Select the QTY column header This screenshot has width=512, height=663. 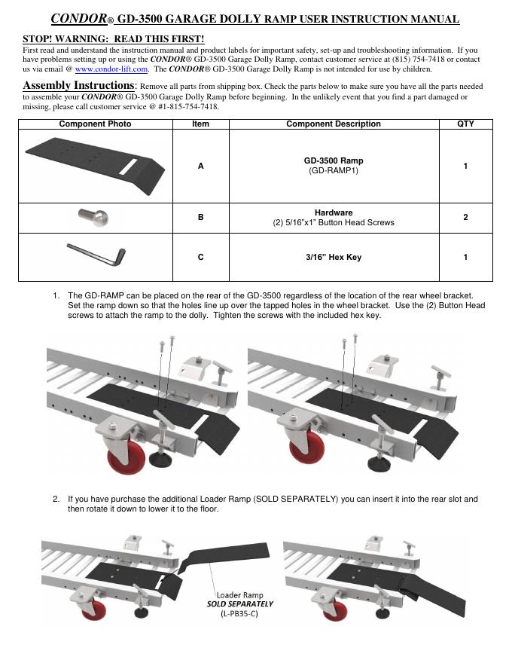[x=465, y=124]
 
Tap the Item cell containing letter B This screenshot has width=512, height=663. [x=200, y=217]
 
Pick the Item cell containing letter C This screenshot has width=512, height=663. [x=200, y=258]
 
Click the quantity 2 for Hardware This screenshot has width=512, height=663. [x=465, y=217]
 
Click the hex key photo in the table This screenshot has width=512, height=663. [x=95, y=255]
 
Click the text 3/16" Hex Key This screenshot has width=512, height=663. [x=333, y=258]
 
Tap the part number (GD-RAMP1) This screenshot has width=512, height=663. [x=333, y=171]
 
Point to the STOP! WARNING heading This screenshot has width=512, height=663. [x=113, y=38]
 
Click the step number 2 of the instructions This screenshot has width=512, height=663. [x=56, y=500]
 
